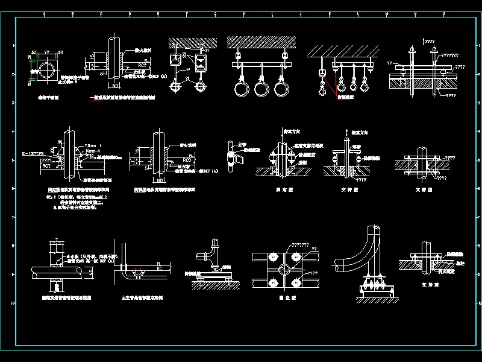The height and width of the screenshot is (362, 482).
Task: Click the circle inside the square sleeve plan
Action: [x=43, y=72]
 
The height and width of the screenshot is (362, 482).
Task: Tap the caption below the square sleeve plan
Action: [x=45, y=97]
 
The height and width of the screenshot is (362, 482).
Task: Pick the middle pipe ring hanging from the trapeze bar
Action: [x=261, y=88]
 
